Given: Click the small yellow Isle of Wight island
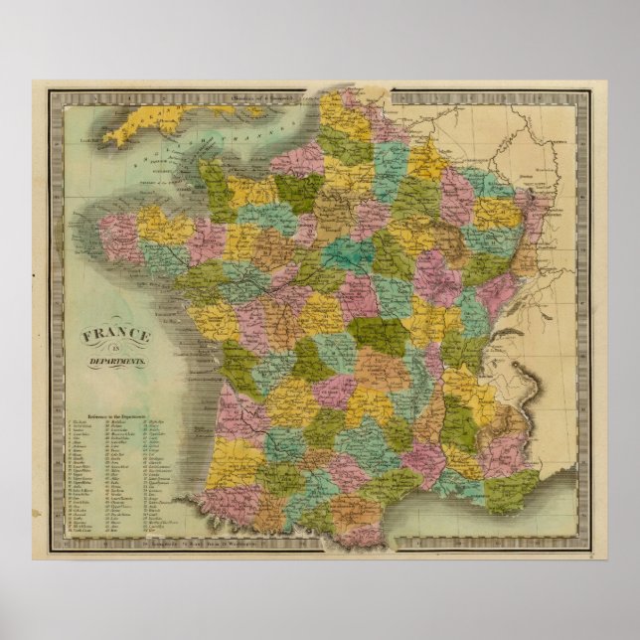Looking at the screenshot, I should point(259,111).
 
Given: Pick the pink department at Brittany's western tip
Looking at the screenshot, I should point(117,233).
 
